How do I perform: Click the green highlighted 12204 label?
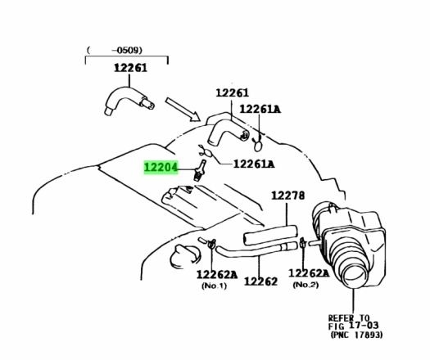tap(161, 167)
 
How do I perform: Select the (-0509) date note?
tap(115, 50)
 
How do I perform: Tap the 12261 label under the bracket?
tap(130, 68)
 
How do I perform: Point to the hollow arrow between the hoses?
tap(183, 109)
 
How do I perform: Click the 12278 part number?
tap(288, 196)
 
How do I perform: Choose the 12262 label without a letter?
tap(260, 281)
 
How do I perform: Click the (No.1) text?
tap(214, 286)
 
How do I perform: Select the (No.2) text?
tap(306, 285)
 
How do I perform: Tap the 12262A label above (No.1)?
tap(217, 274)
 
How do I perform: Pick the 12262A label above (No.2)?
tap(309, 273)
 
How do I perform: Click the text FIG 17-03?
tap(353, 326)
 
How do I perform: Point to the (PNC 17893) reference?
tap(356, 335)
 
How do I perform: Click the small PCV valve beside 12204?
tap(200, 170)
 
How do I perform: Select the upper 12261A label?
tap(260, 109)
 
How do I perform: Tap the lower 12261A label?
tap(254, 164)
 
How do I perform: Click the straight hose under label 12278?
tap(270, 235)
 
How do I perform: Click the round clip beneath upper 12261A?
tap(257, 145)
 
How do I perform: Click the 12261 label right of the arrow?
tap(233, 93)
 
